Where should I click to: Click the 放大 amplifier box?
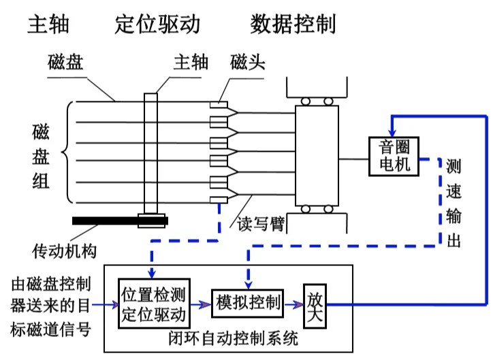click(315, 304)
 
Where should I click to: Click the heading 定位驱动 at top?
click(157, 25)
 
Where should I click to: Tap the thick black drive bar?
click(120, 220)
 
